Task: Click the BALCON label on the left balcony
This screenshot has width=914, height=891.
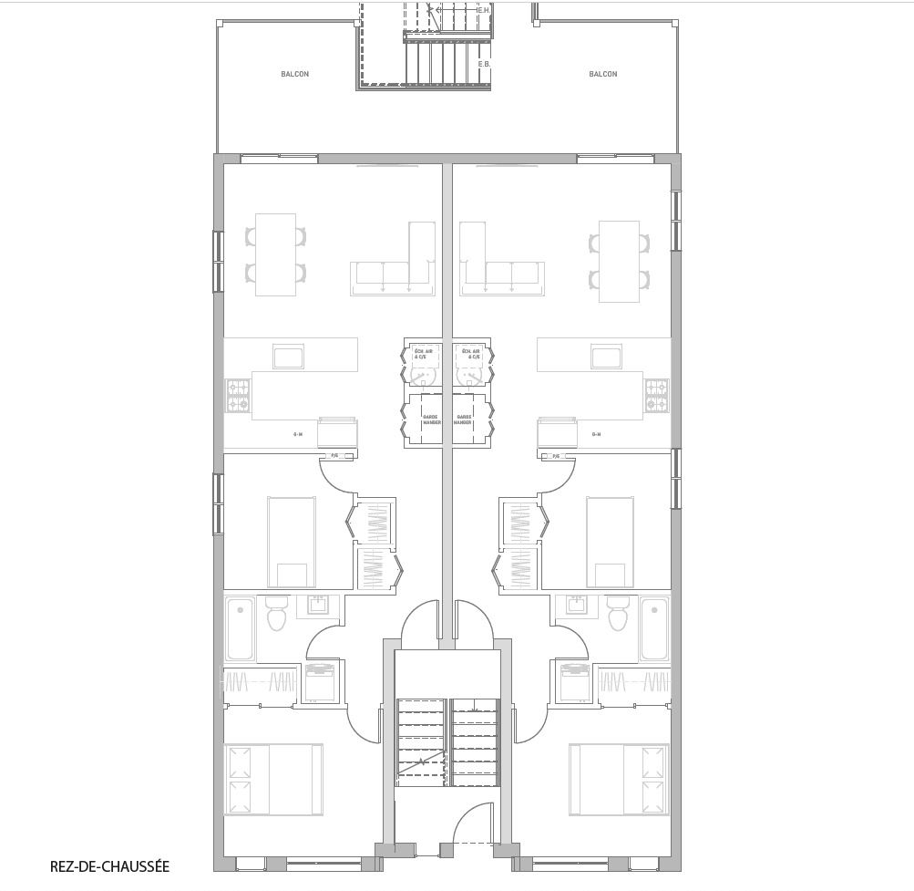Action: coord(294,74)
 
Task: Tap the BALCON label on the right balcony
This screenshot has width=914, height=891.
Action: coord(602,74)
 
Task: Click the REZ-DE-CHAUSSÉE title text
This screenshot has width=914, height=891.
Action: coord(110,866)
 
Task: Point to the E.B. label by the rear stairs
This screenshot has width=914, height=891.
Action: coord(484,64)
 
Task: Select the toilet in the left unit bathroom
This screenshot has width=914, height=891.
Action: coord(276,614)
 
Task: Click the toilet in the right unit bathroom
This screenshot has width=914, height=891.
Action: coord(618,614)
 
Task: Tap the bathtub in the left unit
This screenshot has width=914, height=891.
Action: coord(241,628)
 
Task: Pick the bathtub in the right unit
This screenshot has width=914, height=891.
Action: coord(653,628)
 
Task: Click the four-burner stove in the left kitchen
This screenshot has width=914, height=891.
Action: coord(238,396)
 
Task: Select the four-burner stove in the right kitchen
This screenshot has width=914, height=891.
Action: coord(657,396)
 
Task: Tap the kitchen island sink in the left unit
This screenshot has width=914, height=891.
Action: coord(288,357)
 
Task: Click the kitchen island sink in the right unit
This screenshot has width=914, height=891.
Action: coord(606,357)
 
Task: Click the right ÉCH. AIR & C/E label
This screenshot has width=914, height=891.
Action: coord(471,354)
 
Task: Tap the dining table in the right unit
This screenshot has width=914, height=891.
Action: coord(618,261)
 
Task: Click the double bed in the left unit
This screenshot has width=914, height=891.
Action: coord(273,780)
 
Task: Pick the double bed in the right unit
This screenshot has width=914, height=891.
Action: coord(619,780)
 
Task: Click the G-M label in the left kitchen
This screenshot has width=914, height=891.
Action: coord(298,435)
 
